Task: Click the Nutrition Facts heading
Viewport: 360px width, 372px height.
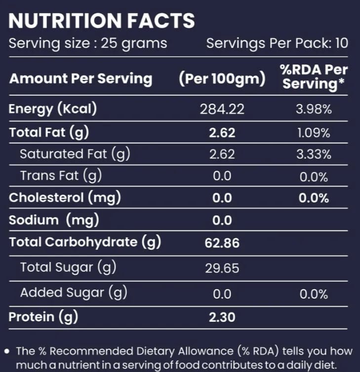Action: pyautogui.click(x=102, y=21)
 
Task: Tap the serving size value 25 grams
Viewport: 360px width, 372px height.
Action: pyautogui.click(x=134, y=43)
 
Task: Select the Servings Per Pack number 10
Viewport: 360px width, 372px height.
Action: pyautogui.click(x=342, y=43)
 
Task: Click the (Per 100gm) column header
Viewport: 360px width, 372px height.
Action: pyautogui.click(x=222, y=79)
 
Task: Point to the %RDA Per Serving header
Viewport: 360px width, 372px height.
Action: pyautogui.click(x=314, y=77)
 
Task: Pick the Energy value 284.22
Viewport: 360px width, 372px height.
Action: pyautogui.click(x=222, y=110)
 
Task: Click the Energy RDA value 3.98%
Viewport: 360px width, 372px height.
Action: pyautogui.click(x=314, y=110)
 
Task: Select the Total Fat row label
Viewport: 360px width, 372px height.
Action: pyautogui.click(x=49, y=132)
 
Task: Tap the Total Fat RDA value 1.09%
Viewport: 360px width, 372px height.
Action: pyautogui.click(x=314, y=133)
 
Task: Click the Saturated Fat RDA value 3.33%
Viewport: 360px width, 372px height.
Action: pyautogui.click(x=314, y=154)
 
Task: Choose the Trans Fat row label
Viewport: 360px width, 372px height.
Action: pyautogui.click(x=61, y=176)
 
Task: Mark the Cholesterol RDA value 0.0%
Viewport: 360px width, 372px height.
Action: pyautogui.click(x=314, y=198)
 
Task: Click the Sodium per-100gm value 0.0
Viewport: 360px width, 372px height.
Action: pyautogui.click(x=222, y=221)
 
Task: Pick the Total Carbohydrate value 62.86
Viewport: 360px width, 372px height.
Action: pyautogui.click(x=222, y=243)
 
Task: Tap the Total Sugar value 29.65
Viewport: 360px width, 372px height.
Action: pyautogui.click(x=222, y=268)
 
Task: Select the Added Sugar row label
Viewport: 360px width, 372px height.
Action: pyautogui.click(x=74, y=293)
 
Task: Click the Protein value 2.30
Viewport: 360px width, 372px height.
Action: pyautogui.click(x=222, y=317)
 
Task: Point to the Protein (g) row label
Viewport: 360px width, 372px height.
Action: pyautogui.click(x=43, y=317)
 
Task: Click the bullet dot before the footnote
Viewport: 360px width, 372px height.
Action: pyautogui.click(x=7, y=351)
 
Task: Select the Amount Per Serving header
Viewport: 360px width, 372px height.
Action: pyautogui.click(x=80, y=78)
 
